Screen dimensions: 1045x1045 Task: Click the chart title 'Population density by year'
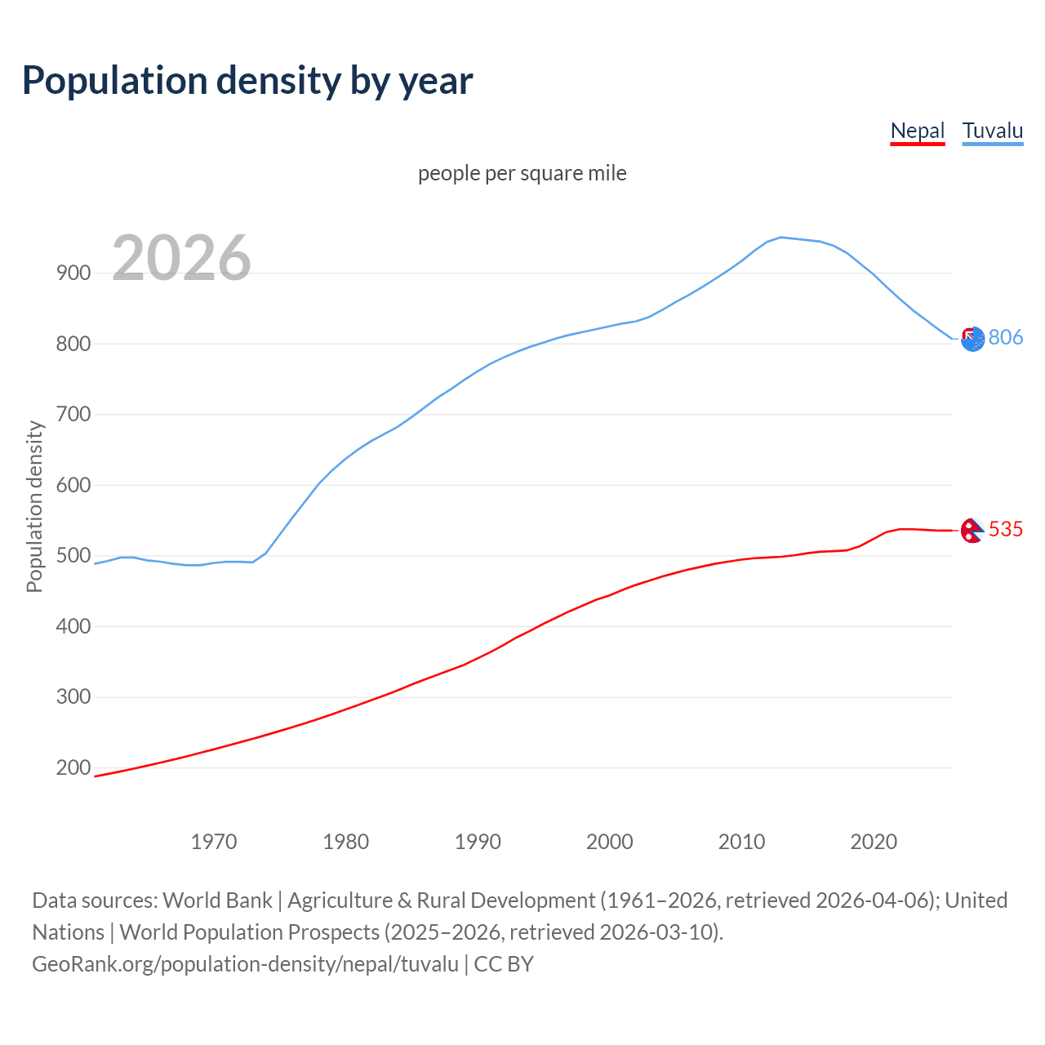click(247, 81)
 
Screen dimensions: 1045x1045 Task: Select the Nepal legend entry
click(917, 131)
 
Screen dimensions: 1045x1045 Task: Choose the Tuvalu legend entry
click(992, 131)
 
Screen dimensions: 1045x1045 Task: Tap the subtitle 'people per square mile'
click(522, 173)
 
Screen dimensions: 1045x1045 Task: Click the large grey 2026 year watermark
click(181, 259)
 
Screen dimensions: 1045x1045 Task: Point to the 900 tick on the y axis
click(73, 273)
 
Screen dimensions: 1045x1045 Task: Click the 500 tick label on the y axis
click(73, 556)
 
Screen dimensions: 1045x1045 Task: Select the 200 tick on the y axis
click(73, 767)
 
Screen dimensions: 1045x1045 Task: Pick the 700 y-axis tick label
click(73, 414)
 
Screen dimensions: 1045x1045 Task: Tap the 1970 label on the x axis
click(214, 841)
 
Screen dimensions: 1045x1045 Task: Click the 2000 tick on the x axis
click(610, 841)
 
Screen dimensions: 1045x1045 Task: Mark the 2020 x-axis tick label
click(874, 841)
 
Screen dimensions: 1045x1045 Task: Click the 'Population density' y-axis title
click(34, 506)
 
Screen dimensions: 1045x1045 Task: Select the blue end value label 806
click(1005, 337)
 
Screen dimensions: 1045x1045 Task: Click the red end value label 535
click(1005, 529)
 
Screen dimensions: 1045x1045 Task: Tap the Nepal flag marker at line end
click(972, 531)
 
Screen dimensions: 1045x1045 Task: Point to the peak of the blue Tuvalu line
click(781, 237)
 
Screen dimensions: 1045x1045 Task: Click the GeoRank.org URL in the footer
click(245, 964)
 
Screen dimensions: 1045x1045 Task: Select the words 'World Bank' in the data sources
click(217, 900)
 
